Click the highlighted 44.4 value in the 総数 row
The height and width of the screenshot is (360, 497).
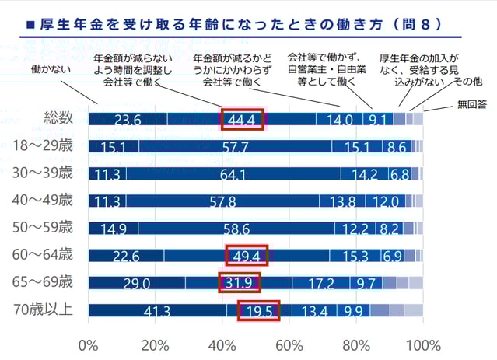[243, 119]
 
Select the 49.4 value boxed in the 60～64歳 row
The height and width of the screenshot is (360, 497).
[247, 255]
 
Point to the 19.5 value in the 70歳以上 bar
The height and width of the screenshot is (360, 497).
[257, 311]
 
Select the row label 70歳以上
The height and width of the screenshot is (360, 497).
[45, 309]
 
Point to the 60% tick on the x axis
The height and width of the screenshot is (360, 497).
[289, 344]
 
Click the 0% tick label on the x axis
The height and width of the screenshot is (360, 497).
[89, 344]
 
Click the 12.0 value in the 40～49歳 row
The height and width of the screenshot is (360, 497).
[385, 201]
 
